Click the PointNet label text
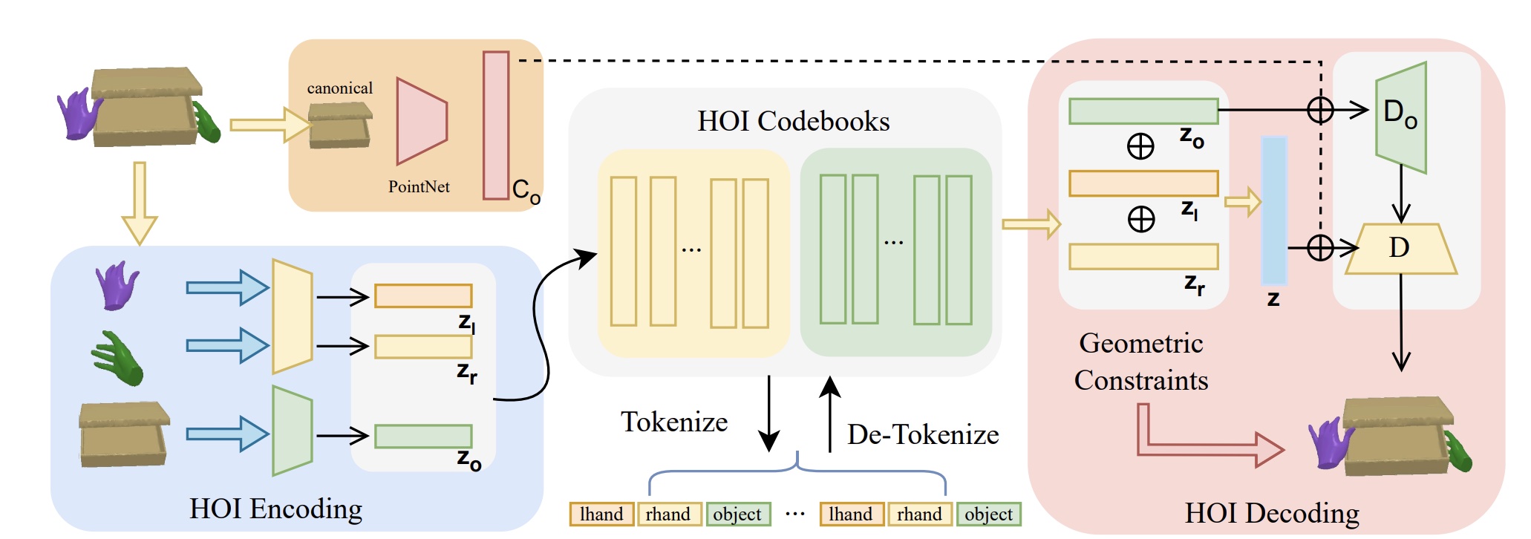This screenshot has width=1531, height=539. pos(419,187)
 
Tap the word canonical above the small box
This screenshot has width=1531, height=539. pos(340,88)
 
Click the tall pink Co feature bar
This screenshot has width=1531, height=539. pos(495,125)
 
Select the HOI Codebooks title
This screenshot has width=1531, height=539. pos(793,121)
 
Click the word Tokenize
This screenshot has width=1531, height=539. pos(674,422)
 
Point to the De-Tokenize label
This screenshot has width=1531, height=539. pos(923,435)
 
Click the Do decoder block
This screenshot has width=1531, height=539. pos(1400,117)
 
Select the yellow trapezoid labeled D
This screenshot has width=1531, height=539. pos(1400,249)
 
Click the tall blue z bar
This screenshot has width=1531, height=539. pos(1274,210)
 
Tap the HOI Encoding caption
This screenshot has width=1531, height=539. pos(275,509)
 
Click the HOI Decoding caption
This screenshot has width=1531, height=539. pos(1272,514)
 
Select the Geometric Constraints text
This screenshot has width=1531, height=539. pos(1141,362)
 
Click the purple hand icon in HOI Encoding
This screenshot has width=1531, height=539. pos(117,285)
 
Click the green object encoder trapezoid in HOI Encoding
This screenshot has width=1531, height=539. pos(292,431)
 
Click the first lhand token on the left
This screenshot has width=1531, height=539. pos(601,514)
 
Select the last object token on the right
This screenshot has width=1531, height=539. pos(988,514)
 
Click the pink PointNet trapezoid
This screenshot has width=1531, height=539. pos(421,121)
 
